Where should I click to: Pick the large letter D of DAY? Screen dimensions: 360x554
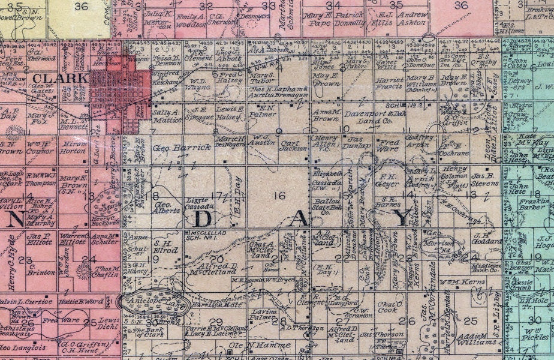(x=200, y=219)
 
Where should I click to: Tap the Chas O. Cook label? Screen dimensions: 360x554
(x=387, y=307)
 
